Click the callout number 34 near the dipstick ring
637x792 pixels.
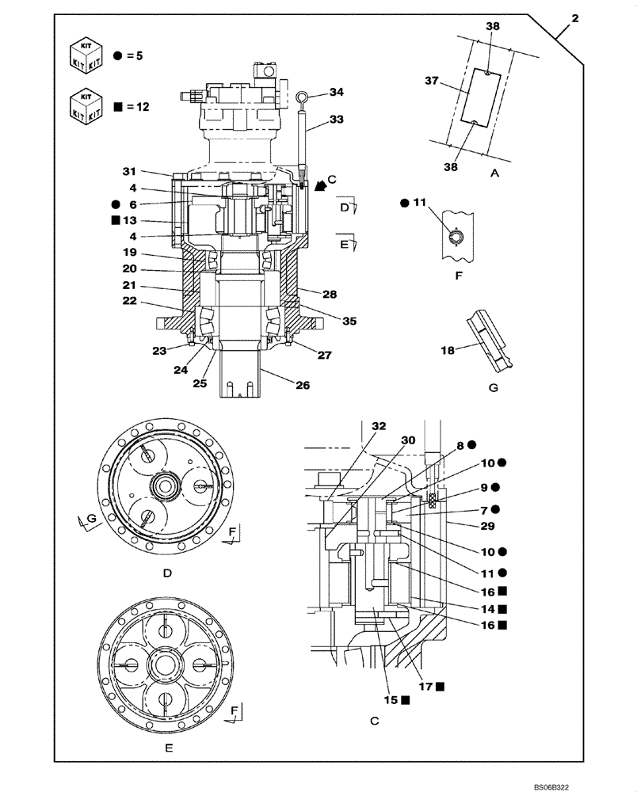click(337, 93)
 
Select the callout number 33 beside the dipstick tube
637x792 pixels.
click(337, 121)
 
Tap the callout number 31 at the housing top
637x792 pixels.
click(130, 171)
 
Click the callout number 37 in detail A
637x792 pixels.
click(432, 81)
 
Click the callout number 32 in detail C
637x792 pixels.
click(380, 426)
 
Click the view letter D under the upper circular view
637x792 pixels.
click(167, 574)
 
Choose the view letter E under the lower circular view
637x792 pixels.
click(167, 746)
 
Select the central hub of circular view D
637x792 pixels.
click(169, 485)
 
